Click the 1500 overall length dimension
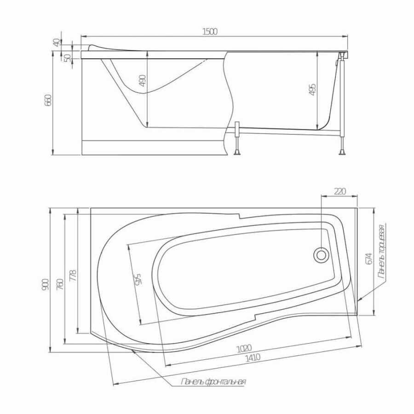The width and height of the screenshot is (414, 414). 210,31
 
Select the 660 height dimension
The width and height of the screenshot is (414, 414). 49,100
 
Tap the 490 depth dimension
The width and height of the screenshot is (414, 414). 142,80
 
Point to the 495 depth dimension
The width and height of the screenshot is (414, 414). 312,90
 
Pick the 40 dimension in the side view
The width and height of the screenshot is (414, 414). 57,42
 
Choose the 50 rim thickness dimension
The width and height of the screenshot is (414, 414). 68,58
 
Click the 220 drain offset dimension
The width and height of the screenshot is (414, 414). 340,191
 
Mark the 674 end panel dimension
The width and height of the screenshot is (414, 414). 369,259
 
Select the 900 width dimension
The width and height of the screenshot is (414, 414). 45,284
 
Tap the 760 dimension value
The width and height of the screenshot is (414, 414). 60,284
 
